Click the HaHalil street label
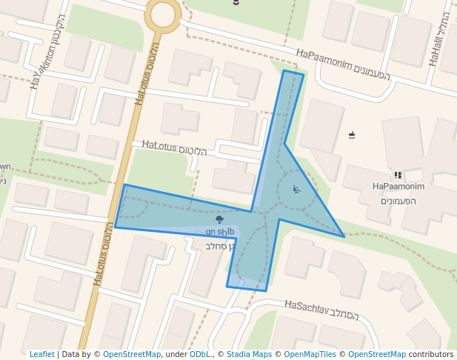[439, 39]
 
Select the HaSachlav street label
[321, 310]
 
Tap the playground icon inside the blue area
[296, 190]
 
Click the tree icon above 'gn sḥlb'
[219, 219]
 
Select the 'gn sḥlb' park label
[220, 231]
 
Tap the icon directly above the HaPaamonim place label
[398, 176]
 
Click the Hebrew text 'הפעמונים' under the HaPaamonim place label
[398, 201]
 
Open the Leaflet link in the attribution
[41, 354]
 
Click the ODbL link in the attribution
[200, 354]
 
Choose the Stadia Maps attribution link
[248, 354]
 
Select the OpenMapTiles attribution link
[310, 354]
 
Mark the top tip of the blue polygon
[284, 71]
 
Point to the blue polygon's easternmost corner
[344, 236]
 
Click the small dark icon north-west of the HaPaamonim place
[352, 135]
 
